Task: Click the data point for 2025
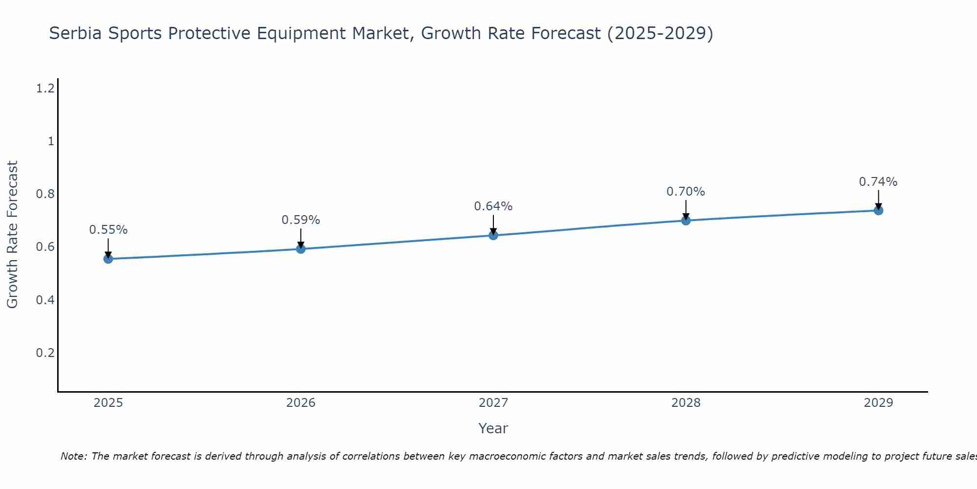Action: (108, 259)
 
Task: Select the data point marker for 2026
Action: (300, 249)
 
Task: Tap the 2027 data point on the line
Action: (493, 235)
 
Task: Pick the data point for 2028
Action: (685, 220)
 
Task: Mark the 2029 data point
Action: (878, 210)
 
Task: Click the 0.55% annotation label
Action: (108, 229)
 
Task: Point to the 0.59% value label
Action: (300, 220)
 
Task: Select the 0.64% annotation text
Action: (493, 206)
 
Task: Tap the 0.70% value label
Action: (685, 192)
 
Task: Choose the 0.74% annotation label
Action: (878, 182)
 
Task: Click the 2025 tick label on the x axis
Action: (108, 403)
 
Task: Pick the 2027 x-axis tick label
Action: (493, 403)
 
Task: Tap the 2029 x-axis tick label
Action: (878, 403)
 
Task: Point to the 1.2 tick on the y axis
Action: (45, 89)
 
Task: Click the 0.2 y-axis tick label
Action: (45, 353)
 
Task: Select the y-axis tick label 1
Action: (50, 141)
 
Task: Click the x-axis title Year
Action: (493, 428)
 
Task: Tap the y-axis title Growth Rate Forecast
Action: (12, 235)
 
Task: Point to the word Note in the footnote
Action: (73, 456)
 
